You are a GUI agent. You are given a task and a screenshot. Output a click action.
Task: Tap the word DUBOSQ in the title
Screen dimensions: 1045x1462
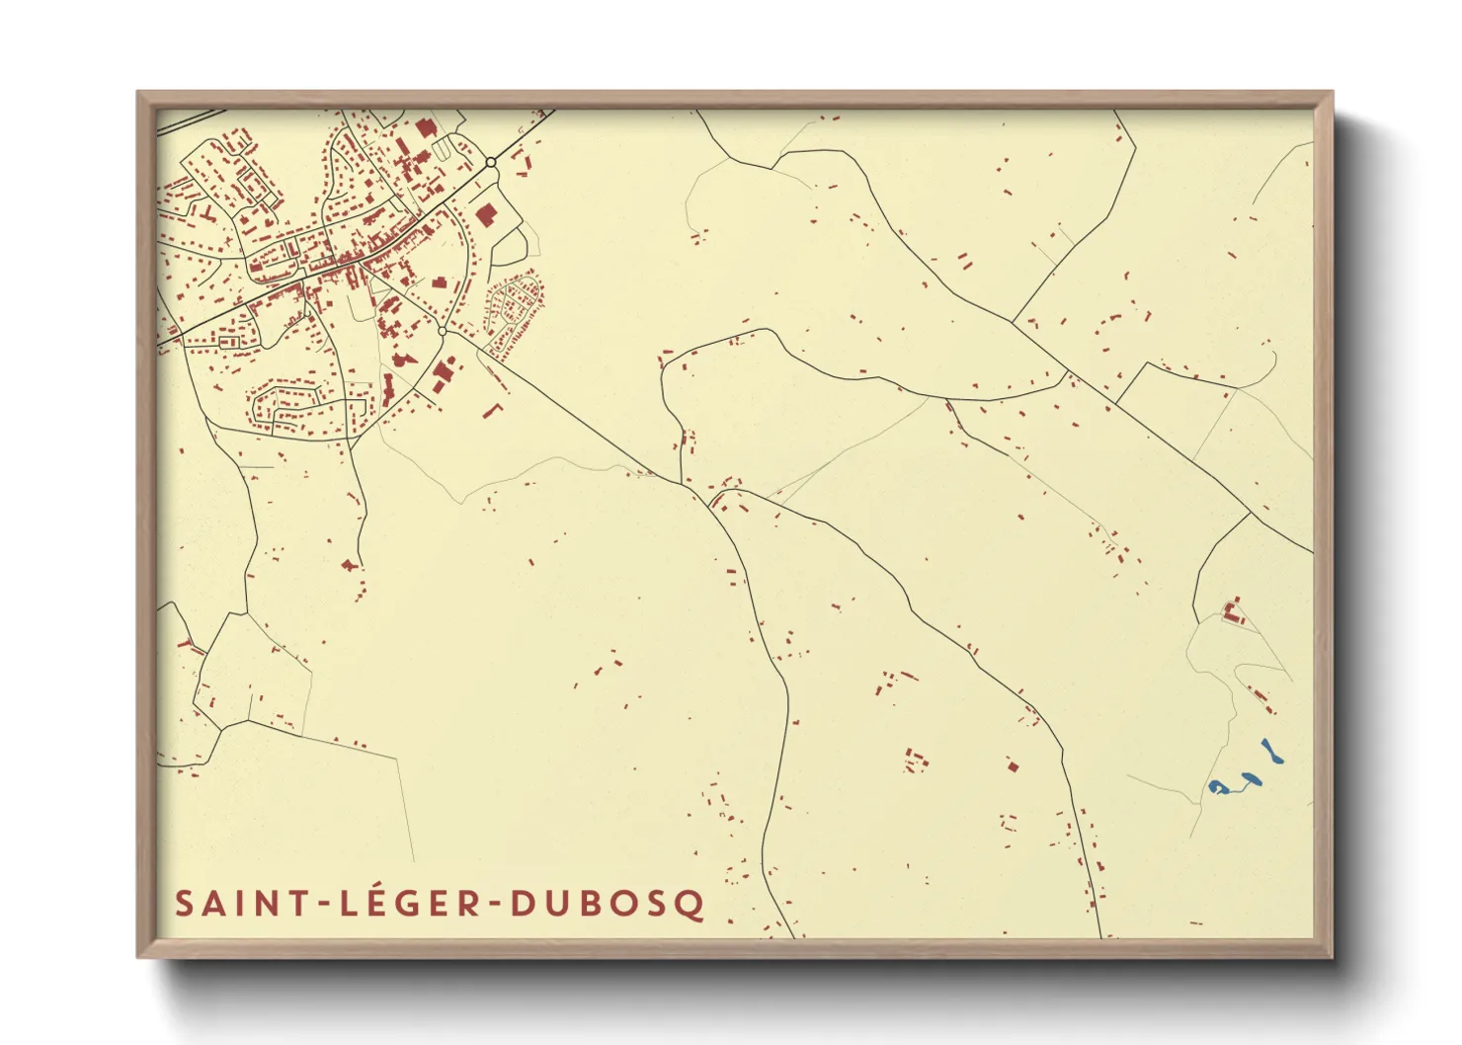click(x=608, y=904)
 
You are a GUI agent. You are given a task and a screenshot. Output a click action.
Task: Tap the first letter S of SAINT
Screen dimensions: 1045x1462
click(x=184, y=904)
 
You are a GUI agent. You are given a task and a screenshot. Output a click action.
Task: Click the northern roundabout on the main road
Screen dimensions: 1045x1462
click(x=491, y=162)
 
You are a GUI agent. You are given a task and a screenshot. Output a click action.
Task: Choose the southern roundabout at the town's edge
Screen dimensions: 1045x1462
click(x=442, y=331)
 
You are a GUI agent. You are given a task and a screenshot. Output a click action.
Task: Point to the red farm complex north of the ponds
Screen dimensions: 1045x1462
click(x=1232, y=611)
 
